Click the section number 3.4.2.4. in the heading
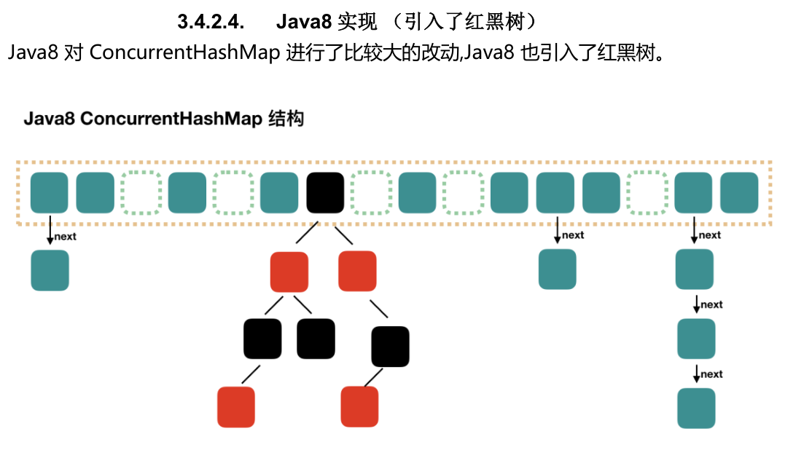[210, 23]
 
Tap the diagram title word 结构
[286, 119]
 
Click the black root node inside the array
[325, 192]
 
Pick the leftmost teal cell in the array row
[49, 192]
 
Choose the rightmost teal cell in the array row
[739, 192]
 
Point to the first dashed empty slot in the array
[141, 192]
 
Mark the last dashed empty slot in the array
[647, 192]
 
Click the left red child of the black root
[289, 271]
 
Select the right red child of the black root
[357, 270]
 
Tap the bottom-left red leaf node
[236, 406]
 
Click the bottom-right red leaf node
[359, 406]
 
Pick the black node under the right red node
[390, 346]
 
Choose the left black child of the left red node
[262, 339]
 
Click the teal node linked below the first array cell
[50, 270]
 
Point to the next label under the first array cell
[65, 236]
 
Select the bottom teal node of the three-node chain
[696, 408]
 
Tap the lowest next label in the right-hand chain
[711, 374]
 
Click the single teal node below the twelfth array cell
[557, 269]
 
